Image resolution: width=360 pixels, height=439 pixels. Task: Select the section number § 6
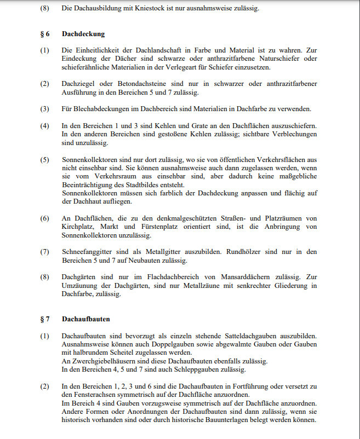[45, 34]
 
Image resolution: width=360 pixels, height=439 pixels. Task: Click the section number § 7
[45, 318]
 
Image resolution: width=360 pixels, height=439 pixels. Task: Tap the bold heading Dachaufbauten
[86, 318]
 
